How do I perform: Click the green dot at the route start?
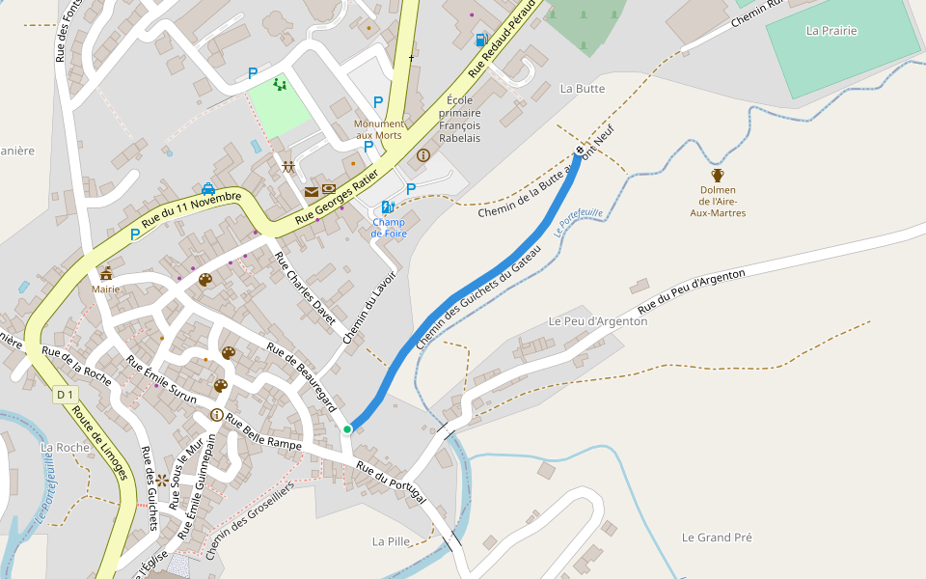[347, 428]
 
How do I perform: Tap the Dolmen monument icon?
[718, 175]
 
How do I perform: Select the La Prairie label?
[831, 31]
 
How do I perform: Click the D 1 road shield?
[65, 395]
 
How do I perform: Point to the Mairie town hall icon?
[106, 273]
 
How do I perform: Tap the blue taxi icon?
[208, 188]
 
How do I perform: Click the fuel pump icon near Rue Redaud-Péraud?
[480, 40]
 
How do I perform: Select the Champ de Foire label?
[389, 228]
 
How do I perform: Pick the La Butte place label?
[583, 88]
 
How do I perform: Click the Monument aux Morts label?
[379, 129]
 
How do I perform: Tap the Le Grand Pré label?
[717, 537]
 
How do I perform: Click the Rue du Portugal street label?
[391, 482]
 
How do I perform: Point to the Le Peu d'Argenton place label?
[598, 320]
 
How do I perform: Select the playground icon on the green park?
[280, 85]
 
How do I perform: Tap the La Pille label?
[392, 540]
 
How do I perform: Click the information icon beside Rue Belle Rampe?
[216, 414]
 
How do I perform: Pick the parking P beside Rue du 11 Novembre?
[135, 234]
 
